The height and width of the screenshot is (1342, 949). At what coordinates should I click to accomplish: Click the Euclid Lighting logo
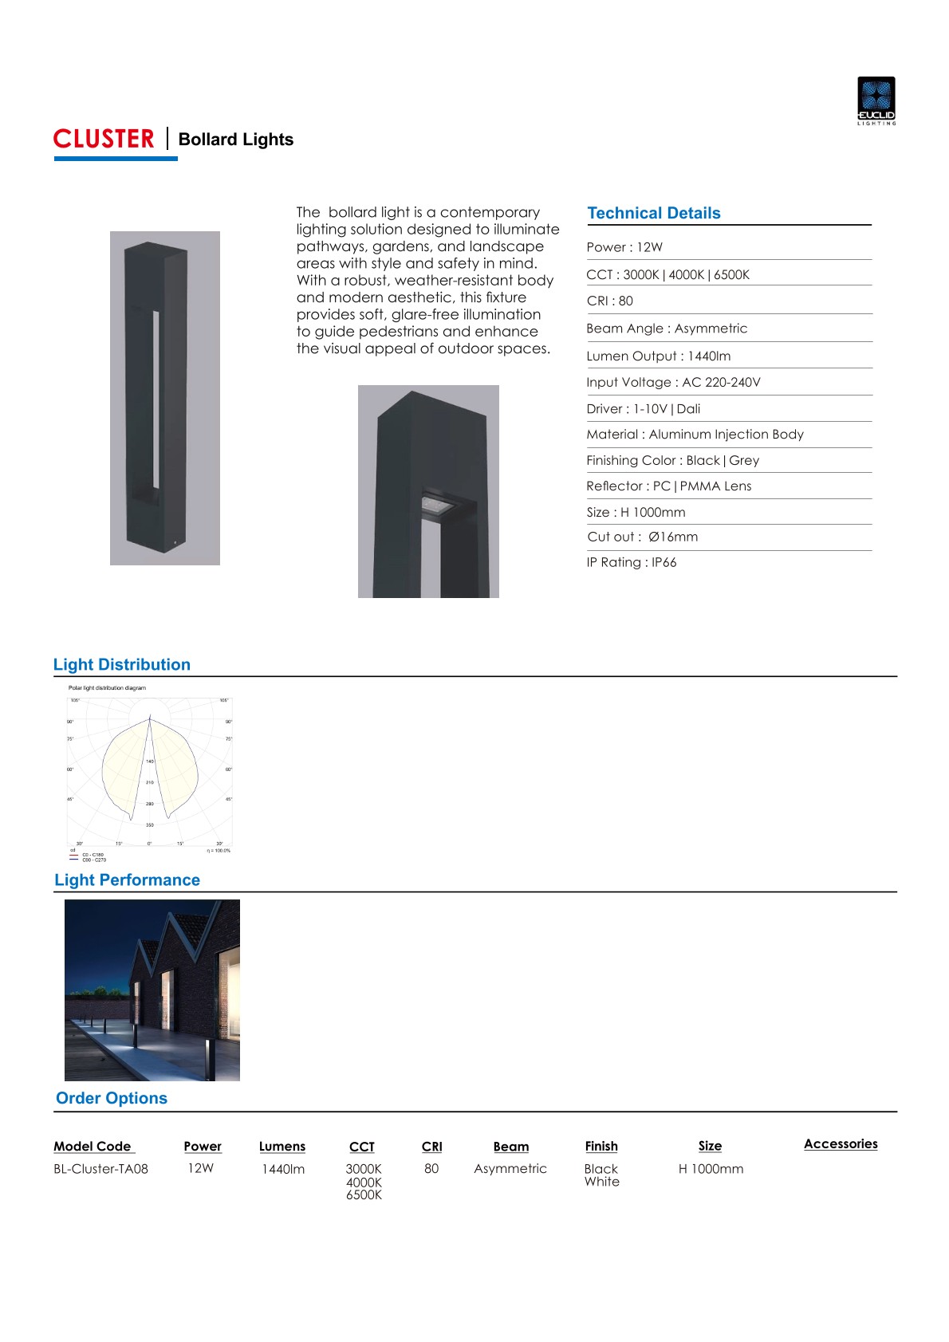(x=876, y=100)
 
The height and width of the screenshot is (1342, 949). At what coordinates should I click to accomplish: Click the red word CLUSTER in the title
(x=104, y=140)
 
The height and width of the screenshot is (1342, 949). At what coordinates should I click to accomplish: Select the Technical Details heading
(x=653, y=214)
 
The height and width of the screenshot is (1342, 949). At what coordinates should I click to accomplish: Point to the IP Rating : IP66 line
(x=631, y=563)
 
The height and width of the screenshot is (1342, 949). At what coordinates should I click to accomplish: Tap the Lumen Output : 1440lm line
(x=658, y=356)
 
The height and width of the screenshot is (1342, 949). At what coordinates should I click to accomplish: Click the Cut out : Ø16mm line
(x=642, y=537)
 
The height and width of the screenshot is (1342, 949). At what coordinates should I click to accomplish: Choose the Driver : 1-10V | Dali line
(x=643, y=409)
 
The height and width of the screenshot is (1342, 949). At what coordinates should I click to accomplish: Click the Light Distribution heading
(x=122, y=665)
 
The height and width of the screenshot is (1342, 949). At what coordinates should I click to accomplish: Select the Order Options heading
(x=112, y=1099)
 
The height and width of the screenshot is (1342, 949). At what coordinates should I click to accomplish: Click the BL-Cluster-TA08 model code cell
(x=100, y=1169)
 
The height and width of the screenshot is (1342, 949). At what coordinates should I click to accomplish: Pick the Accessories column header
(x=841, y=1144)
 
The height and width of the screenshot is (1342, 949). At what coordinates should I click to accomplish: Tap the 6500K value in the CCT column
(x=364, y=1195)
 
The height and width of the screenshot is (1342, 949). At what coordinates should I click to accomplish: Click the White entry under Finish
(x=601, y=1182)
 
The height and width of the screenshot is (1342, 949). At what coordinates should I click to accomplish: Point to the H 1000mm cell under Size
(x=711, y=1169)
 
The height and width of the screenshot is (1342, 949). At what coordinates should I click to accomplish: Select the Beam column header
(x=510, y=1147)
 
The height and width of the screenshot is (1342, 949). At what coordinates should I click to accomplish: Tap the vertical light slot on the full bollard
(x=156, y=399)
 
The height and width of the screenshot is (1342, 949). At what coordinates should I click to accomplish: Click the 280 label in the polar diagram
(x=150, y=804)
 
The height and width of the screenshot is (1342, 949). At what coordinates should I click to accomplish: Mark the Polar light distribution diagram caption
(x=107, y=687)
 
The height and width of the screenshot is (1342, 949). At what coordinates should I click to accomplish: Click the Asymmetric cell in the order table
(x=510, y=1169)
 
